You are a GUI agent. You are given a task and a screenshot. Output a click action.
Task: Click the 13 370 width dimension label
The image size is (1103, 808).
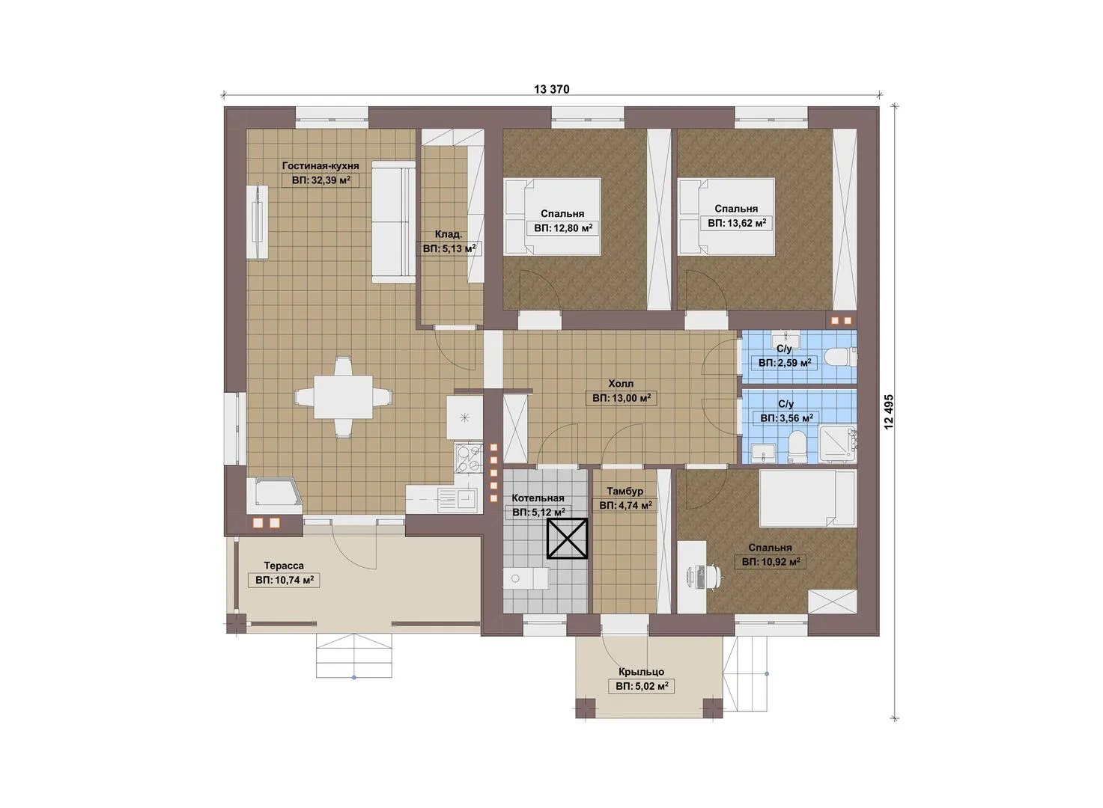pyautogui.click(x=551, y=89)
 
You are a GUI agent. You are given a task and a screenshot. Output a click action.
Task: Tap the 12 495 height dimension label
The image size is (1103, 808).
pyautogui.click(x=888, y=411)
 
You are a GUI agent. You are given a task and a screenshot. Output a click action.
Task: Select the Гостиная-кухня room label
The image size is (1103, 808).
pyautogui.click(x=320, y=166)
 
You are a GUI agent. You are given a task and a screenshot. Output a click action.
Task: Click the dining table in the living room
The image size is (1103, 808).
pyautogui.click(x=343, y=397)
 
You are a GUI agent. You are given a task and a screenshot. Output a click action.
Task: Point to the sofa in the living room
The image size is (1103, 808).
pyautogui.click(x=393, y=222)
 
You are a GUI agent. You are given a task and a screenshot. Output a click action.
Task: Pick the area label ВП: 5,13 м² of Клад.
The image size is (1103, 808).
pyautogui.click(x=449, y=248)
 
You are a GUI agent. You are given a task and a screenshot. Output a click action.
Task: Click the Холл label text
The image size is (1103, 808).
pyautogui.click(x=621, y=383)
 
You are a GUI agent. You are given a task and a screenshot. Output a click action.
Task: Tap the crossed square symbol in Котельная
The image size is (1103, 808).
pyautogui.click(x=568, y=539)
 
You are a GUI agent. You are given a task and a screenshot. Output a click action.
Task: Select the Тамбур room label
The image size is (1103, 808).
pyautogui.click(x=625, y=491)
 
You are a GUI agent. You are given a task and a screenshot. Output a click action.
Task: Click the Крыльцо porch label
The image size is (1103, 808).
pyautogui.click(x=642, y=672)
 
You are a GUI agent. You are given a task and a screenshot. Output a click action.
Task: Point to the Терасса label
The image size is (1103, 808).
pyautogui.click(x=284, y=566)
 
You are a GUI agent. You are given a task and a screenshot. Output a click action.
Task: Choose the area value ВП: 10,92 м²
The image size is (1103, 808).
pyautogui.click(x=771, y=561)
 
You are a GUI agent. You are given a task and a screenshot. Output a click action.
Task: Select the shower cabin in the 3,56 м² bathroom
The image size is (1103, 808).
pyautogui.click(x=838, y=444)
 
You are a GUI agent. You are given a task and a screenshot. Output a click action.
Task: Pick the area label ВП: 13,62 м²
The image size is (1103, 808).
pyautogui.click(x=737, y=224)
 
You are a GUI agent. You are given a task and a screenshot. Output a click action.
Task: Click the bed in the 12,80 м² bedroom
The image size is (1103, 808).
pyautogui.click(x=553, y=216)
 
